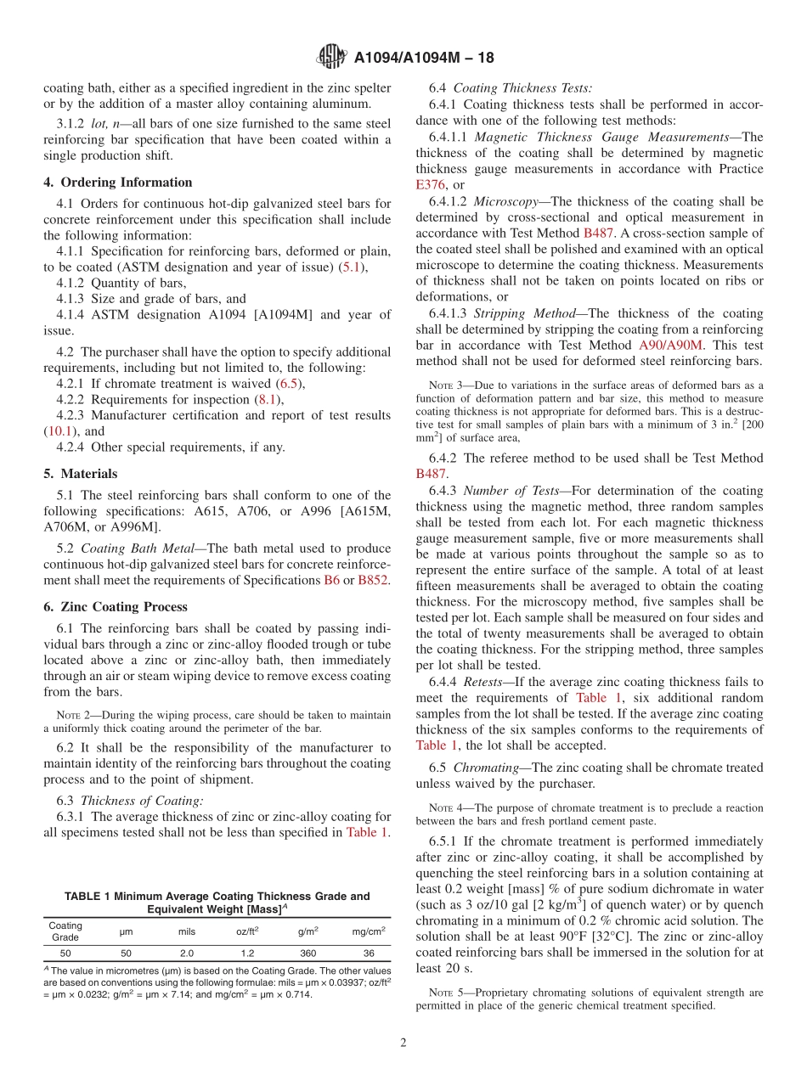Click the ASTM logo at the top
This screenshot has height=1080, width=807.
330,57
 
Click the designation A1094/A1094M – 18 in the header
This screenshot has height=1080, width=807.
423,58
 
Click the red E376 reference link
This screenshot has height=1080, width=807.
431,184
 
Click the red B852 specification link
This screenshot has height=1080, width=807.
372,580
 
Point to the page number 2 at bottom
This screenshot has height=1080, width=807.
403,1043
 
